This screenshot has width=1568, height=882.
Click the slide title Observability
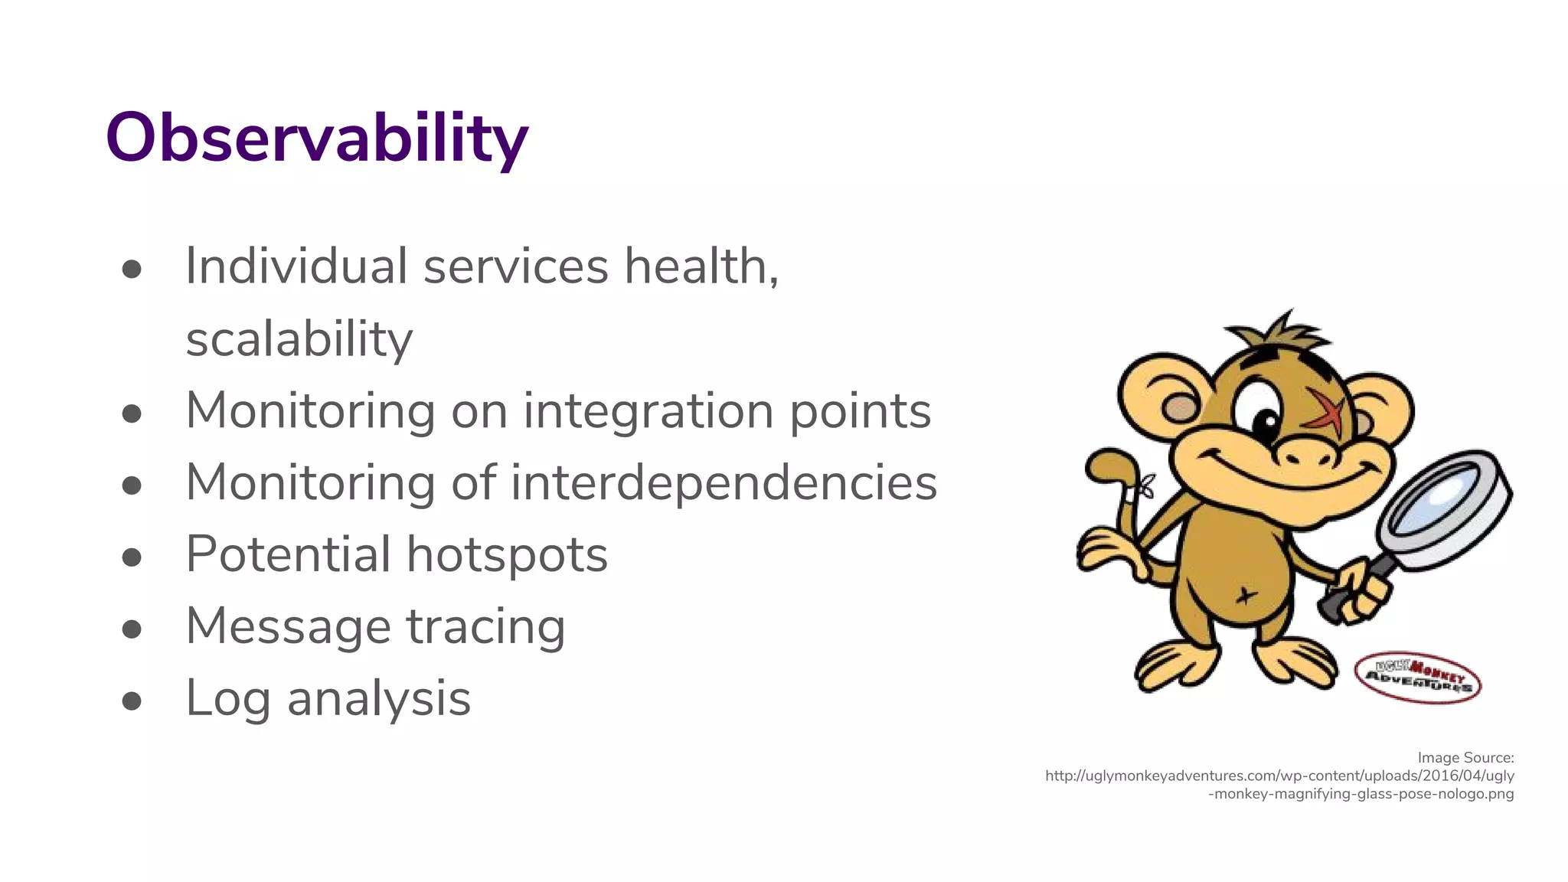pyautogui.click(x=316, y=139)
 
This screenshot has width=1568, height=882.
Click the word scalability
pyautogui.click(x=299, y=339)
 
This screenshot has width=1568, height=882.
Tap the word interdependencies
pyautogui.click(x=724, y=483)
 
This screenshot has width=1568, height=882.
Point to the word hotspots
pyautogui.click(x=507, y=554)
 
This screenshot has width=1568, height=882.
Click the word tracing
pyautogui.click(x=485, y=626)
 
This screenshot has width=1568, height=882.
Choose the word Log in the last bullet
pyautogui.click(x=227, y=699)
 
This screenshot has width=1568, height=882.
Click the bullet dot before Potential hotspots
pyautogui.click(x=132, y=557)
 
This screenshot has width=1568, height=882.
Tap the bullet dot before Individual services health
pyautogui.click(x=132, y=269)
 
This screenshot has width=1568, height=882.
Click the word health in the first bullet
pyautogui.click(x=701, y=266)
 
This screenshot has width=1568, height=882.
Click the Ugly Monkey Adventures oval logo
pyautogui.click(x=1417, y=677)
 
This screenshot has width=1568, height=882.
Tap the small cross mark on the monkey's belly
pyautogui.click(x=1246, y=595)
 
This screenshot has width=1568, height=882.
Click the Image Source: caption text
pyautogui.click(x=1465, y=757)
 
